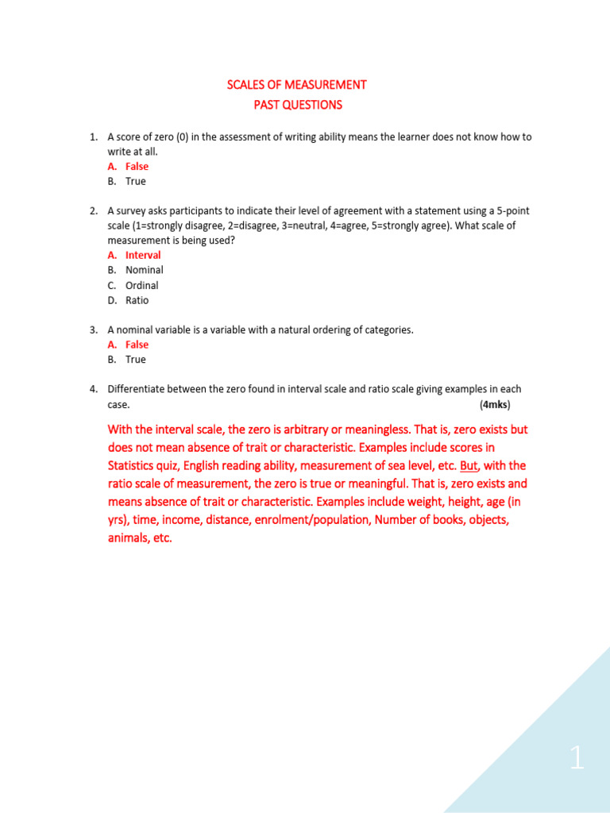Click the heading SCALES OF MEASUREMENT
click(x=297, y=85)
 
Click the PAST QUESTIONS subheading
click(x=297, y=105)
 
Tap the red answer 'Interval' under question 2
click(x=143, y=255)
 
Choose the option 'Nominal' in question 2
click(x=144, y=270)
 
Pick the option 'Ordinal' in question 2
click(x=141, y=285)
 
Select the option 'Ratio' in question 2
click(x=137, y=300)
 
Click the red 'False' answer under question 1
click(x=137, y=166)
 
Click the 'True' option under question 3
click(x=136, y=360)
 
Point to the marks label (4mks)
click(x=495, y=405)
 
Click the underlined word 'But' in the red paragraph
click(x=469, y=466)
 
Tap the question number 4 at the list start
click(x=93, y=389)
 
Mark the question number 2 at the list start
click(x=93, y=210)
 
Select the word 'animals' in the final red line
click(x=129, y=538)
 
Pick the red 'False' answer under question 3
click(x=137, y=345)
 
